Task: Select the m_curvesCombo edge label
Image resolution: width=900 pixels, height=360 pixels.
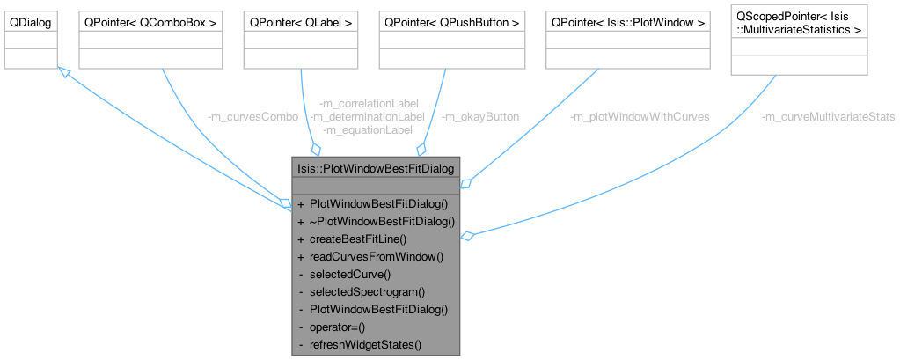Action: point(252,116)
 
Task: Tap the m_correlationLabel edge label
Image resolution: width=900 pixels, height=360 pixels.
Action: point(369,103)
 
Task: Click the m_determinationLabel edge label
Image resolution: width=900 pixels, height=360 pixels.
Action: point(369,116)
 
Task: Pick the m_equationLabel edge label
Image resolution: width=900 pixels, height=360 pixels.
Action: point(369,129)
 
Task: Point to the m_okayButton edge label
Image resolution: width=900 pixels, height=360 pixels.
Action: point(480,116)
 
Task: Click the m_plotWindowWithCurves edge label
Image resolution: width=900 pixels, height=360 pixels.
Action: point(640,116)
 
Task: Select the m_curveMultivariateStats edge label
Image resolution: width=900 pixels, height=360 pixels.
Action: point(828,116)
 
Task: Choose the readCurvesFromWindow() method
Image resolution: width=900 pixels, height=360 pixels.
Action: point(376,256)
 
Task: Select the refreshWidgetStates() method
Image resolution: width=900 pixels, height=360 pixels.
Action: point(365,344)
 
